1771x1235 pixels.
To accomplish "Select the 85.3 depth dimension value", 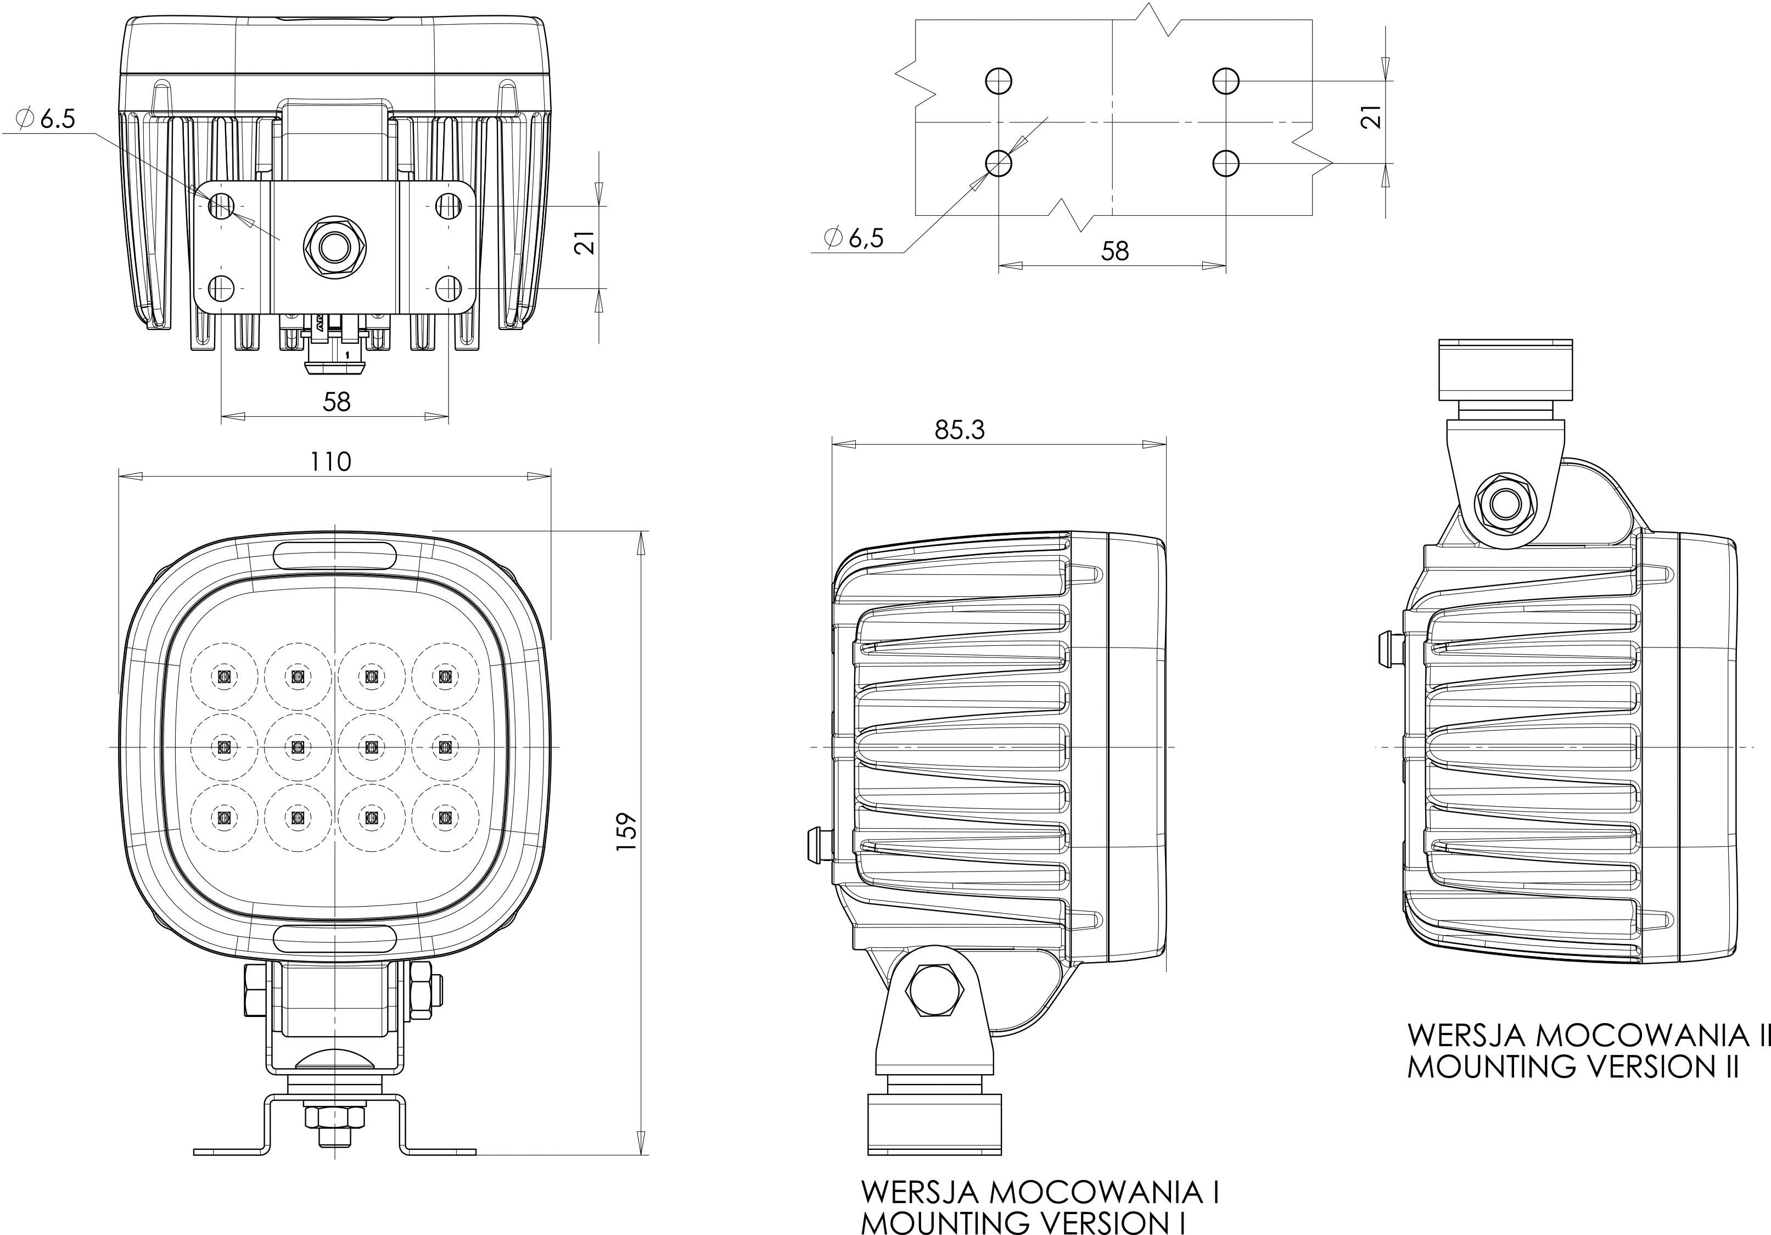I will click(960, 429).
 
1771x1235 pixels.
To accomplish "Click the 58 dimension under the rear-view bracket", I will click(337, 401).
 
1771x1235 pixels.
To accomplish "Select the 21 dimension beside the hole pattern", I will click(1370, 118).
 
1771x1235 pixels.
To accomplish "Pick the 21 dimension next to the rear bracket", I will click(587, 242).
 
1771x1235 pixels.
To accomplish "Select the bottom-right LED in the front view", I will click(444, 817).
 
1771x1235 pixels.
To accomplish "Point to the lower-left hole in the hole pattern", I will click(999, 163).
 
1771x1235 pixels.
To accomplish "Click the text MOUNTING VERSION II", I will click(1573, 1066).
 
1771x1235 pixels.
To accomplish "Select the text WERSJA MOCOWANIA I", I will click(1040, 1192).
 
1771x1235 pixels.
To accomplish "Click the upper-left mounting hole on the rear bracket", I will click(221, 205).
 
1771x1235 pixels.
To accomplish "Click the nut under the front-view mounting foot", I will click(333, 1117).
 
